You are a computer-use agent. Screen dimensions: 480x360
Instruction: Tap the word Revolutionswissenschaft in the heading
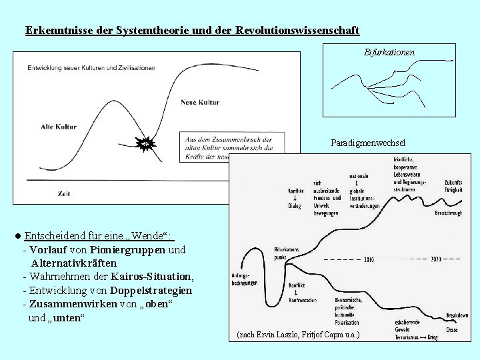click(x=297, y=31)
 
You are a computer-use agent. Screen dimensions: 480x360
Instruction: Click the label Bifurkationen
click(x=389, y=51)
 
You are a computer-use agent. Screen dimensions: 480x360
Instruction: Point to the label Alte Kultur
click(x=59, y=126)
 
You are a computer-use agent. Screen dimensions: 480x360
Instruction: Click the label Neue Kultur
click(x=200, y=102)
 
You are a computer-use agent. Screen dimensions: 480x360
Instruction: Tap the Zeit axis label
click(x=65, y=193)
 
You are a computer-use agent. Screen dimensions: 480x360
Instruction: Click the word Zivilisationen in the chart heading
click(x=133, y=67)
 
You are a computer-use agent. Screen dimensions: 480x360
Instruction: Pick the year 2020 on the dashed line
click(x=436, y=259)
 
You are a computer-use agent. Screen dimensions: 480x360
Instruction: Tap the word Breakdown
click(x=456, y=317)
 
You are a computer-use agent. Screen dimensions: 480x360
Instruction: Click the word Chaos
click(x=453, y=329)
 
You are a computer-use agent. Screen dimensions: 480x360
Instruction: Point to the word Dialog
click(x=295, y=207)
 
